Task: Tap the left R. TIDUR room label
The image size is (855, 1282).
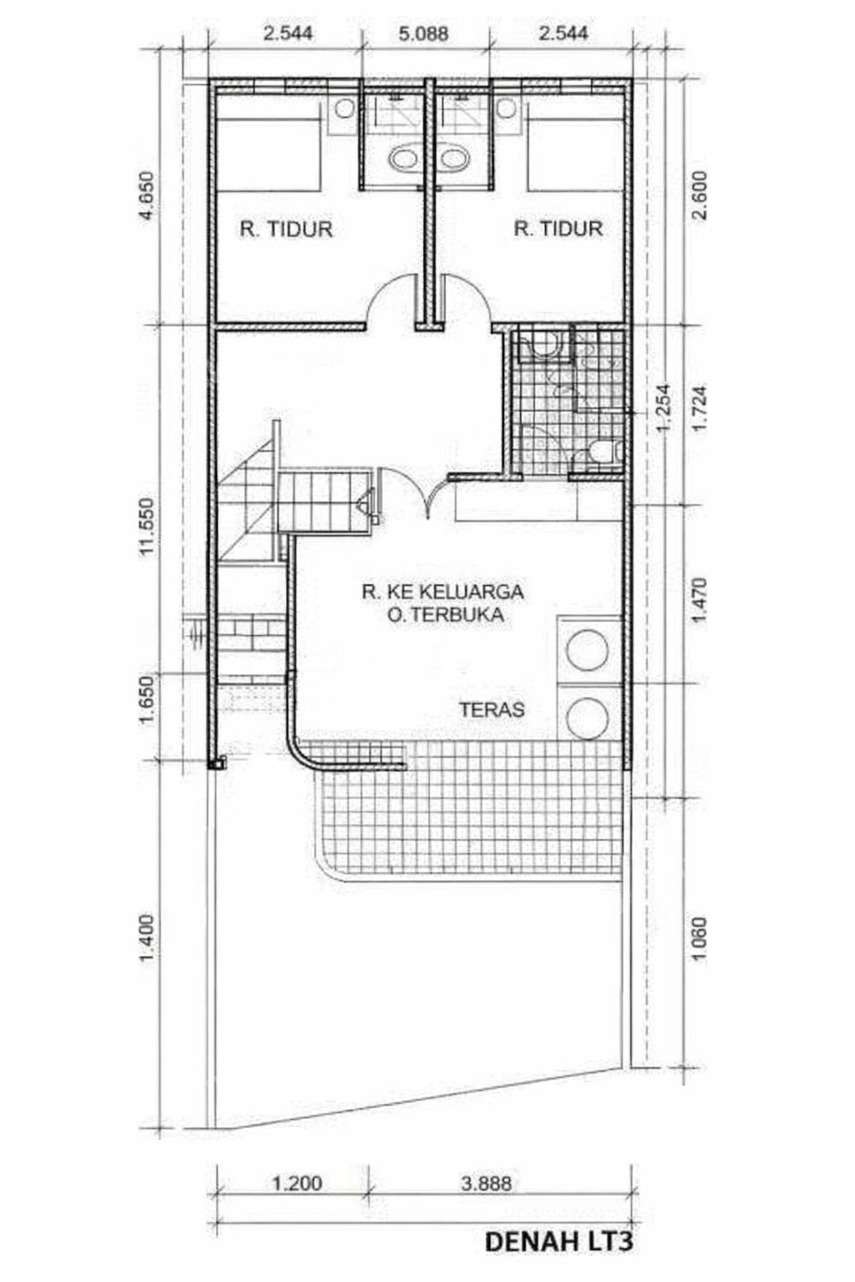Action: click(286, 229)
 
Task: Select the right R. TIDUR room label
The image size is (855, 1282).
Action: click(559, 229)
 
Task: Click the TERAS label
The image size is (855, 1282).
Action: click(492, 709)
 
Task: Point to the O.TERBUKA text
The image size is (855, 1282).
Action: click(442, 614)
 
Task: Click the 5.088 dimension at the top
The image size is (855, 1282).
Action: click(423, 33)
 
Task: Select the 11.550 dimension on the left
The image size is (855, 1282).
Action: click(148, 526)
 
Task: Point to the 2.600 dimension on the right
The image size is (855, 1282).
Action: click(700, 195)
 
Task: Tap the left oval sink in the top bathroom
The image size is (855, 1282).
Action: click(404, 158)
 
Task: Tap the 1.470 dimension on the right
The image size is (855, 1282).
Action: click(700, 601)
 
